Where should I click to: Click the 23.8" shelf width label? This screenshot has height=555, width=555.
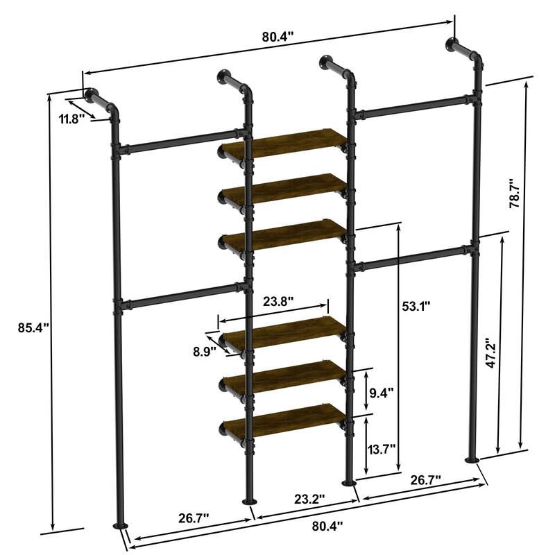pyautogui.click(x=278, y=301)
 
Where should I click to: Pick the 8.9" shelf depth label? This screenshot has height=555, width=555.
pyautogui.click(x=204, y=351)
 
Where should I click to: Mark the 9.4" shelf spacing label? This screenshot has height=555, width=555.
pyautogui.click(x=382, y=393)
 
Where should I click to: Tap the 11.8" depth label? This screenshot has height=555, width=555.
pyautogui.click(x=71, y=119)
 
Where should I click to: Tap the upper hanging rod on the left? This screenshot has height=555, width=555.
pyautogui.click(x=179, y=142)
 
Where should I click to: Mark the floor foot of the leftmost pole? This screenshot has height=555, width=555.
pyautogui.click(x=121, y=527)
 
